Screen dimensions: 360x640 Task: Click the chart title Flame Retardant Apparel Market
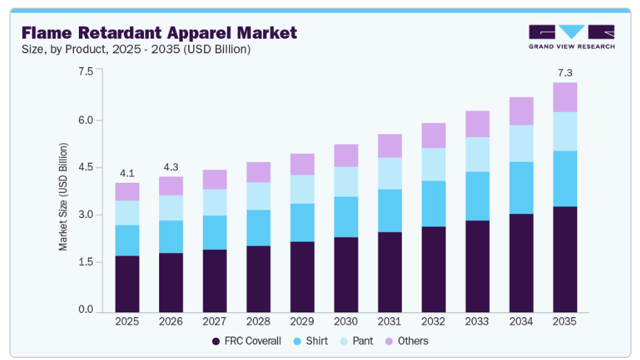point(159,33)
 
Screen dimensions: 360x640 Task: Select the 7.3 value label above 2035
point(565,73)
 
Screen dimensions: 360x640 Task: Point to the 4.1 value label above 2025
point(127,172)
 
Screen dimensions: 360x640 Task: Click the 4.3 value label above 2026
point(171,167)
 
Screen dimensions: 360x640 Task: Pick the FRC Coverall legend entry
point(246,341)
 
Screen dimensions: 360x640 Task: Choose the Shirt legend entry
point(311,341)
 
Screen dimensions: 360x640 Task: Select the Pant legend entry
point(356,341)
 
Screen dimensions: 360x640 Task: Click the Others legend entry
point(406,341)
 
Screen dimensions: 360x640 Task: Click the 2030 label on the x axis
point(346,321)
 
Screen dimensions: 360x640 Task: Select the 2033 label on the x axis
point(477,321)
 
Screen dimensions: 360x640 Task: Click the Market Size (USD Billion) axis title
point(64,197)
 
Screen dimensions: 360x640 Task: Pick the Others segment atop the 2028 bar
point(258,172)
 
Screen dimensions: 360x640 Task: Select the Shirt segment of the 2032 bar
point(433,204)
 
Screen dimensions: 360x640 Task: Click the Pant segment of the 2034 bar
point(521,143)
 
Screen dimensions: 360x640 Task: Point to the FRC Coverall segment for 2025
point(127,284)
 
